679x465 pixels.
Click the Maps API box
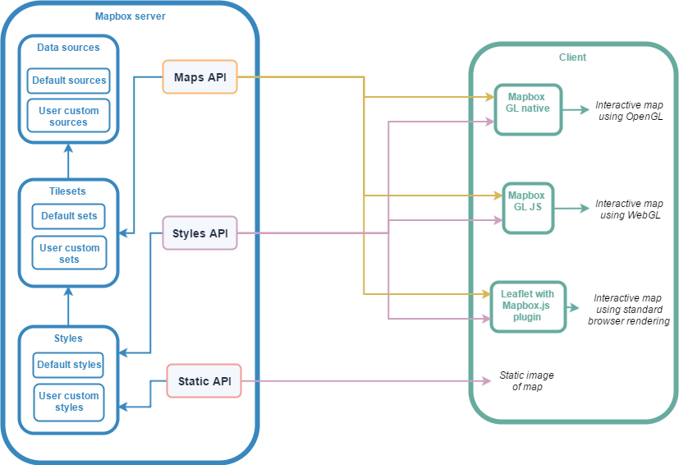200,76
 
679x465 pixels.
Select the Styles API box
200,232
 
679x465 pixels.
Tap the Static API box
204,380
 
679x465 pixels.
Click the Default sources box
69,81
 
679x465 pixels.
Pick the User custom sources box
69,116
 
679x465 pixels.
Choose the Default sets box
69,216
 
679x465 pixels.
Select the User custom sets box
69,253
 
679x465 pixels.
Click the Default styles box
69,364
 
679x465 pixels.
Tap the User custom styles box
69,401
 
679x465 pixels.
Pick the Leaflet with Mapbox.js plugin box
528,306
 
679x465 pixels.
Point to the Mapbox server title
130,16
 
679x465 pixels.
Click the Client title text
572,58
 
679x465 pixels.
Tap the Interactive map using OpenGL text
629,111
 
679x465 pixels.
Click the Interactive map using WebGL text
629,209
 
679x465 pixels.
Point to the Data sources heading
68,48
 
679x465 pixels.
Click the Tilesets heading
68,191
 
